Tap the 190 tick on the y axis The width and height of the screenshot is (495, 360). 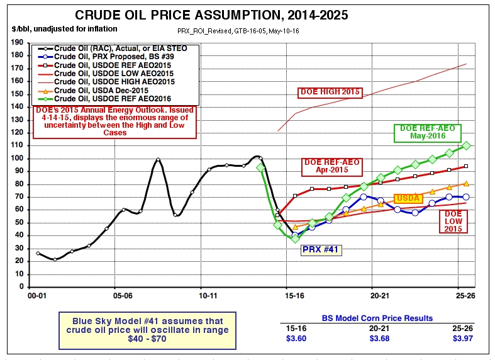pyautogui.click(x=18, y=42)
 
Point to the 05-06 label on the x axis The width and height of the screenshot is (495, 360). pyautogui.click(x=122, y=295)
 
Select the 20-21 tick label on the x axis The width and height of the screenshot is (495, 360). pyautogui.click(x=380, y=295)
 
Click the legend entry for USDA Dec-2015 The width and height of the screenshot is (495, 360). pyautogui.click(x=99, y=90)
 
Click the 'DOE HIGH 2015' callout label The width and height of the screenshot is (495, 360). pyautogui.click(x=330, y=92)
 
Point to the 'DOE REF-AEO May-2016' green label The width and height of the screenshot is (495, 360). pyautogui.click(x=427, y=132)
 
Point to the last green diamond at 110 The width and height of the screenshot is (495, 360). pyautogui.click(x=466, y=145)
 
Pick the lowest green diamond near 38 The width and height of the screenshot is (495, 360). pyautogui.click(x=295, y=239)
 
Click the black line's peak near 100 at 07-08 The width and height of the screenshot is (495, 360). pyautogui.click(x=158, y=160)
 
